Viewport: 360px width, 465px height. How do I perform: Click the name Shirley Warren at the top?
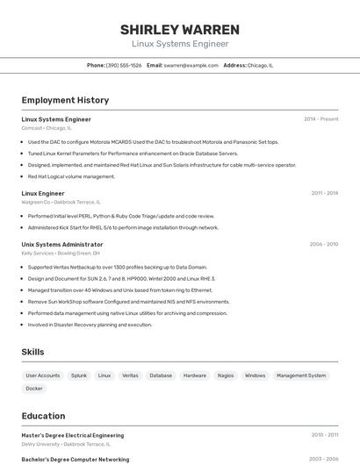pos(180,29)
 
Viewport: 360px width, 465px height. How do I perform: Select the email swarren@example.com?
pos(191,65)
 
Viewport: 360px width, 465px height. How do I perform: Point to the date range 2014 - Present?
pos(320,118)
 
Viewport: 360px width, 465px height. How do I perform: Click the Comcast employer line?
pos(47,127)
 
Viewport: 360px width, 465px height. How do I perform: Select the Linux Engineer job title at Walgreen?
pos(43,193)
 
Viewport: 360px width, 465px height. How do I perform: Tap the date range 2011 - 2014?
pos(324,192)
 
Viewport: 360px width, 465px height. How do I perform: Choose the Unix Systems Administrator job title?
pos(62,244)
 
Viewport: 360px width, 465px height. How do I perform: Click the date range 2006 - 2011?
pos(324,244)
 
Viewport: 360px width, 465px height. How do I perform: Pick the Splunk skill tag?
pos(79,376)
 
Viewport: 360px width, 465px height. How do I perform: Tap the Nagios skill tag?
pos(226,376)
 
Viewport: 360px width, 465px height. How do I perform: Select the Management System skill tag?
pos(300,376)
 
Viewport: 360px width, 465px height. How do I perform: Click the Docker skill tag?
pos(34,388)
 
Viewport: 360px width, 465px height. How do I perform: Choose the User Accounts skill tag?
pos(42,376)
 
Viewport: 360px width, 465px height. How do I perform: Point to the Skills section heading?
pos(33,352)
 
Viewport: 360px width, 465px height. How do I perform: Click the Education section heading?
pos(43,416)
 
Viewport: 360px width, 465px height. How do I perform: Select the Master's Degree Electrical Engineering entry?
pos(72,435)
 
